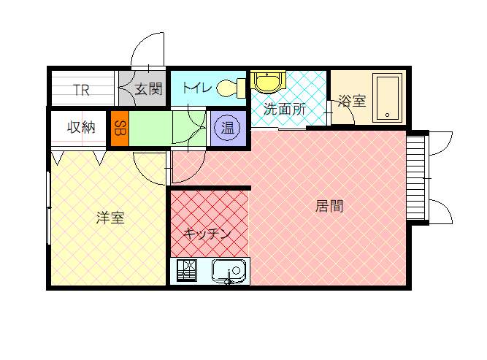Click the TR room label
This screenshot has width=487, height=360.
point(81,91)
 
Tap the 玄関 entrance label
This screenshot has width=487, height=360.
point(148,90)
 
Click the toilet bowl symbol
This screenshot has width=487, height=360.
point(230,88)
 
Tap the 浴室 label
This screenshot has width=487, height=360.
point(351,101)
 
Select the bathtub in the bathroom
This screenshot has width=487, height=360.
point(387,98)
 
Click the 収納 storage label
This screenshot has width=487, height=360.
point(81,127)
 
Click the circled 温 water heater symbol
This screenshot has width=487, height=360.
point(228,129)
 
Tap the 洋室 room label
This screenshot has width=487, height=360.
point(110,218)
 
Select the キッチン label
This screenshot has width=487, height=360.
point(207,234)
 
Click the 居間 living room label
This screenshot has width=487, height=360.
point(329,206)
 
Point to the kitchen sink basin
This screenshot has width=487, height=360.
point(229,271)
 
